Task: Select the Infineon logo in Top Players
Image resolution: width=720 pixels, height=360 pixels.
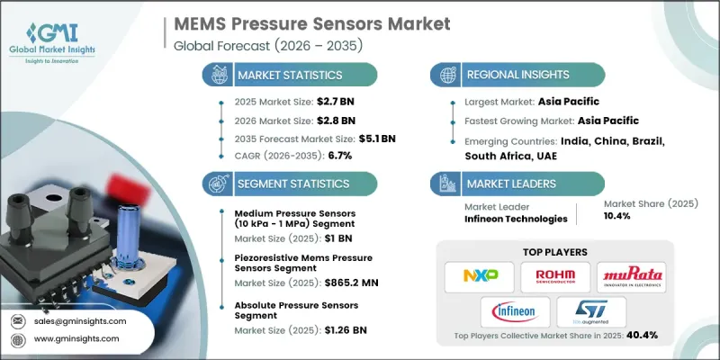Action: pos(514,312)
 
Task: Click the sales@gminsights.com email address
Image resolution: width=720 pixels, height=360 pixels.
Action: pos(82,321)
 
